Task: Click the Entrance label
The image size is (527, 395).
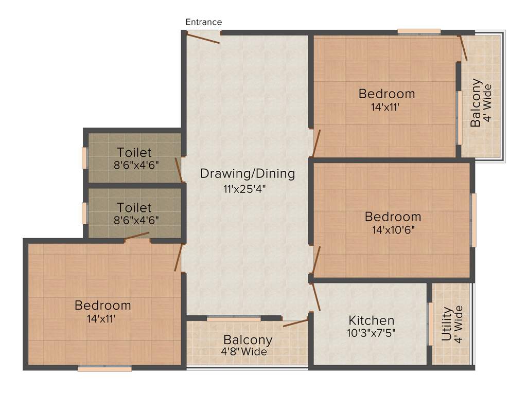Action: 204,22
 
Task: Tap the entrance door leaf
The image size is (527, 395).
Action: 203,38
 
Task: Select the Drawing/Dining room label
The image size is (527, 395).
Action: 248,173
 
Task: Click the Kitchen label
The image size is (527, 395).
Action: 371,320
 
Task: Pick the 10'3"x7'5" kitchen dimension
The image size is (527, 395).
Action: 371,332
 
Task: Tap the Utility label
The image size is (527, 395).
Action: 447,325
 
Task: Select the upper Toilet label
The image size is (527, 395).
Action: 134,152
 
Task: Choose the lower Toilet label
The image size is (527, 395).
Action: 134,207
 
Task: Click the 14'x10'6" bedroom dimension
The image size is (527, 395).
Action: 393,229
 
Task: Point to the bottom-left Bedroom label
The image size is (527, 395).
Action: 103,305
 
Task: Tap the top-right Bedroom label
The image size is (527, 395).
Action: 387,94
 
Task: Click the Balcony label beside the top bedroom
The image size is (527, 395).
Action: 477,102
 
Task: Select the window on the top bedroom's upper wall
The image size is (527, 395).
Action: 419,32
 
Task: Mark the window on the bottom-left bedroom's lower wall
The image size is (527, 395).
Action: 104,368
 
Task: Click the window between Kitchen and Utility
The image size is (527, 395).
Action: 430,324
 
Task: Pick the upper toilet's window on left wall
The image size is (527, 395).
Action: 85,158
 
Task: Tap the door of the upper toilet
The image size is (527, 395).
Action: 179,170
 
